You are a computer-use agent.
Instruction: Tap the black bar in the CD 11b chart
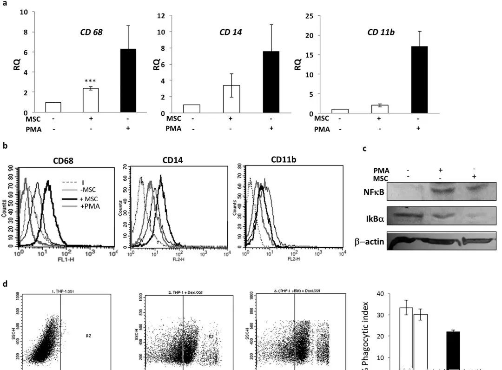pyautogui.click(x=419, y=79)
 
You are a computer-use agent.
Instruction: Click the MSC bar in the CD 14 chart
pyautogui.click(x=231, y=99)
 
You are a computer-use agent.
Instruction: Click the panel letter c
pyautogui.click(x=364, y=148)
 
